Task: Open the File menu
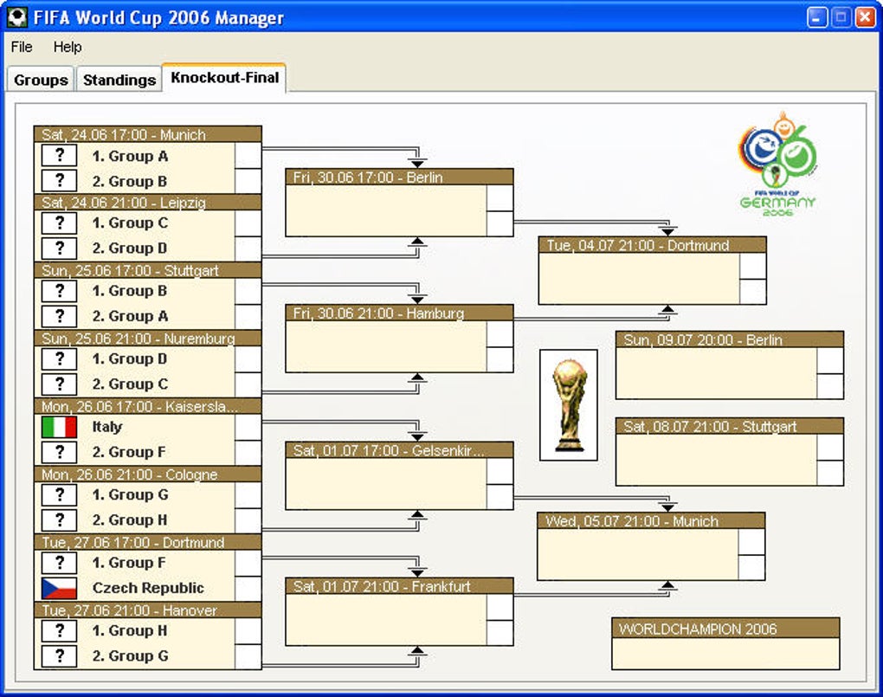22,47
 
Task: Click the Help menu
68,47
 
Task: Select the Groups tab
41,80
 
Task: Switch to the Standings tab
119,80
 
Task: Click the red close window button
864,17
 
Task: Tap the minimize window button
817,17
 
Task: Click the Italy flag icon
59,427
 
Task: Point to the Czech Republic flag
59,589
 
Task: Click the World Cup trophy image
568,404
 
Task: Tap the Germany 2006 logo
777,165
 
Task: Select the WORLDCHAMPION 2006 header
725,629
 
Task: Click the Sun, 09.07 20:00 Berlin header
729,340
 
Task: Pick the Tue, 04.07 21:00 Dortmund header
652,245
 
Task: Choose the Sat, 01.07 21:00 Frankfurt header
399,586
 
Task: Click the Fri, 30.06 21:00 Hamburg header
399,313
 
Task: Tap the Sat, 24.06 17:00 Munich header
147,134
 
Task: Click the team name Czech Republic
148,588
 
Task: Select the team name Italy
107,427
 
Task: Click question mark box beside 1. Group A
59,156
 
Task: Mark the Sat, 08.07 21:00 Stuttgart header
729,426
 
